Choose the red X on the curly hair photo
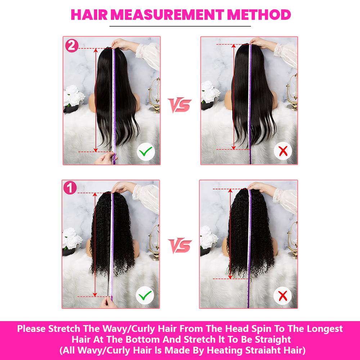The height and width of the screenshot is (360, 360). (x=283, y=296)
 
